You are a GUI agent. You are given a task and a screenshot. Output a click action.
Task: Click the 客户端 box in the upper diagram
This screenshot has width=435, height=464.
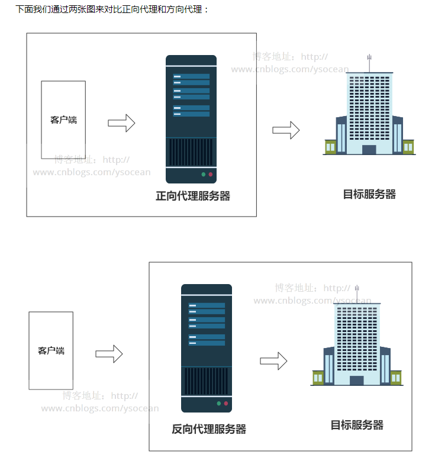[63, 120]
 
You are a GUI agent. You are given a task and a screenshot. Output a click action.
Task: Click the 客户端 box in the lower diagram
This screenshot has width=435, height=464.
[51, 350]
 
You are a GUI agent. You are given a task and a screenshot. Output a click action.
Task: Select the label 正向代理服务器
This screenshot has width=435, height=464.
[193, 196]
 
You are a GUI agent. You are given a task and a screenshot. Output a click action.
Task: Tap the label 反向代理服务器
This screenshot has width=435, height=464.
[209, 429]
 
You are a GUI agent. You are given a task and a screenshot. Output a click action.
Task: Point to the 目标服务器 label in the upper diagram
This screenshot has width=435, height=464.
[369, 194]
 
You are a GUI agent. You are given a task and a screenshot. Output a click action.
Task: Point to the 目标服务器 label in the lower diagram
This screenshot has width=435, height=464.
[357, 425]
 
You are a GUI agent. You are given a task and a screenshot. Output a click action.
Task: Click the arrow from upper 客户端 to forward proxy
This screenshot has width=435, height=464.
[121, 123]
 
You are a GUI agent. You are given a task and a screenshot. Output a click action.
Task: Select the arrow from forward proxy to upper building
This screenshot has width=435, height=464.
[286, 131]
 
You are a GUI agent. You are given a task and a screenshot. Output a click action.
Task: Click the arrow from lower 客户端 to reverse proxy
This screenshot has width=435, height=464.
[109, 354]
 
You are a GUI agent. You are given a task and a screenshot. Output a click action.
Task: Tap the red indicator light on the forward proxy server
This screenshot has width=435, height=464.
[210, 175]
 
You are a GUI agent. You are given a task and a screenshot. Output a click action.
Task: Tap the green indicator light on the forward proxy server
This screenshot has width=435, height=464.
[203, 175]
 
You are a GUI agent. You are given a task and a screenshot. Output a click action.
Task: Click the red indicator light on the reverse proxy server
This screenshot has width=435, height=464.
[225, 404]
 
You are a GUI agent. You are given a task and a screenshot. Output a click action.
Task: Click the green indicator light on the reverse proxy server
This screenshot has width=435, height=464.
[218, 404]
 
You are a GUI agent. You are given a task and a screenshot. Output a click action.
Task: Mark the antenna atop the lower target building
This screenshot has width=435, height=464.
[357, 292]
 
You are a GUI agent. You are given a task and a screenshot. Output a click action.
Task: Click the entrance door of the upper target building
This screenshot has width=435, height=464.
[369, 150]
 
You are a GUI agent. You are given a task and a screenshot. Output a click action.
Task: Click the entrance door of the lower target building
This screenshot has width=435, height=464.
[357, 380]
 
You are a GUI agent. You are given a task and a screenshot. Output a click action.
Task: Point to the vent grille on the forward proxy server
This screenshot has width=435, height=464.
[191, 152]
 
